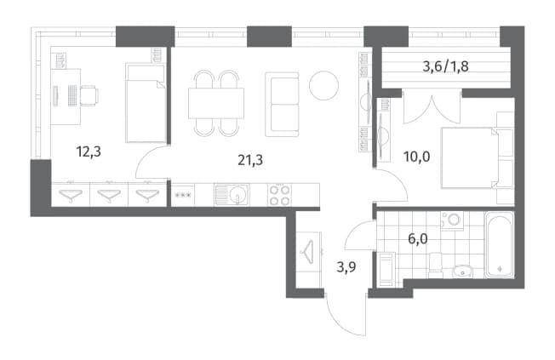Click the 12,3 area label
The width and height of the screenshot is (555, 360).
coord(89,151)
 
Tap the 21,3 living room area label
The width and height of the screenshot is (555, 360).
coord(250,160)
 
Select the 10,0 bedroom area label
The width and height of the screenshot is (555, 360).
coord(417,156)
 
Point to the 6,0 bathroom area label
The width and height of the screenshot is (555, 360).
coord(418,239)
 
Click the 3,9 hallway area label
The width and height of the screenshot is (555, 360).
coord(346,267)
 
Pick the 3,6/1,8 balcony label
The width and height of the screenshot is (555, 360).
coord(446,66)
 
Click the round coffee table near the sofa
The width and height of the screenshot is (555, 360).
coord(323,85)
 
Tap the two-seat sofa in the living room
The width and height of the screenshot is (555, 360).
coord(282,105)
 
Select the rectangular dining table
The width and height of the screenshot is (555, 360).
coord(216,103)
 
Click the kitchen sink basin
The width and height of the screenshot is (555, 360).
coord(232,194)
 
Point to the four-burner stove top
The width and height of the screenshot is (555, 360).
coord(279,195)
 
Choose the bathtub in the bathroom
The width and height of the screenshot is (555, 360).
coord(499,244)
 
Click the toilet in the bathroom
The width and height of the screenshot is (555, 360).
coord(435,266)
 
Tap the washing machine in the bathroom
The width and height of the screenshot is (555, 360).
coord(452,220)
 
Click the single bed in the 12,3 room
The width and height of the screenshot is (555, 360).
coord(146,103)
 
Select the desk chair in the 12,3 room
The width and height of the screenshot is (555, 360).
coord(89,96)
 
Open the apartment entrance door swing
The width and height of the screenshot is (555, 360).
coord(346,316)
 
